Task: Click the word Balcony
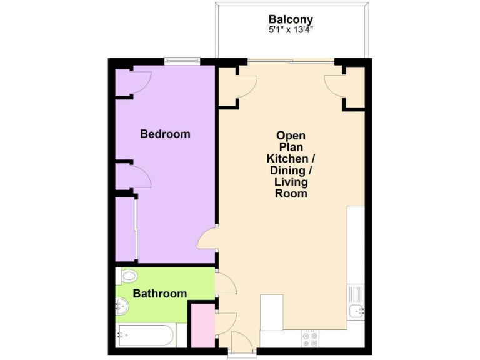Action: (291, 19)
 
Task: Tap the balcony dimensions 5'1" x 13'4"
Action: (291, 30)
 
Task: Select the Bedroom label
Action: (165, 134)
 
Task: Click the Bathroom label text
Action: (160, 293)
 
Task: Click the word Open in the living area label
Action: (291, 135)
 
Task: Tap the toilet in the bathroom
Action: (127, 276)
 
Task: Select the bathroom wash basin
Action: (122, 306)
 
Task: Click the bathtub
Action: (146, 336)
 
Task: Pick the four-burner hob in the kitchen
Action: (310, 338)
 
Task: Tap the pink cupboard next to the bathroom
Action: (202, 325)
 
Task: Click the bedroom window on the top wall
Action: (182, 61)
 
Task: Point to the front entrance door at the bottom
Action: (241, 344)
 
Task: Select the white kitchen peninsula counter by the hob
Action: (272, 312)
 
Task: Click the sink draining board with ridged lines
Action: (356, 292)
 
